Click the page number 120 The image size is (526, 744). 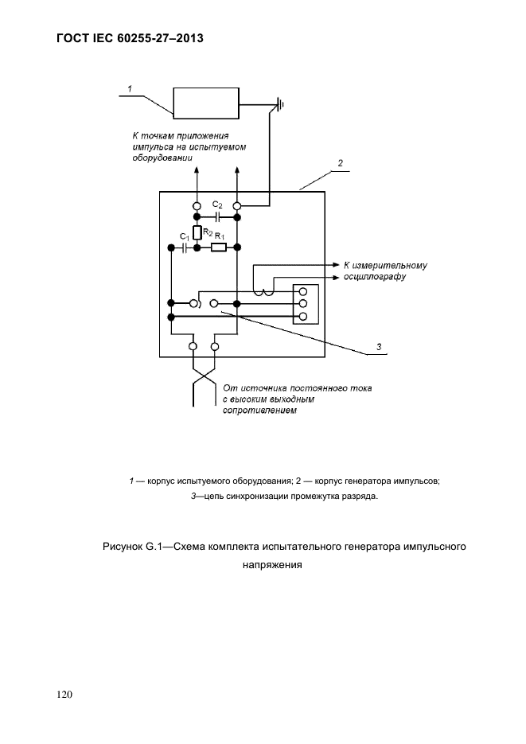click(x=64, y=695)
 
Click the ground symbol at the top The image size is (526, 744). click(x=281, y=104)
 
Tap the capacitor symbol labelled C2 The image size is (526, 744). click(x=217, y=217)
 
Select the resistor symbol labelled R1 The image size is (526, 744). click(x=219, y=247)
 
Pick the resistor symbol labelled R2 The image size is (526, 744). click(x=197, y=232)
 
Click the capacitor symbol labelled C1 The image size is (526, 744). click(x=184, y=247)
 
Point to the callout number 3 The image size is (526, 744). click(x=379, y=347)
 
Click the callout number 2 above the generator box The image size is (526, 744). click(x=340, y=163)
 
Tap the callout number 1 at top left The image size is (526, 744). click(x=130, y=89)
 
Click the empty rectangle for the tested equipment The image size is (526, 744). click(x=206, y=103)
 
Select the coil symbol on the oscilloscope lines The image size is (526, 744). click(x=263, y=294)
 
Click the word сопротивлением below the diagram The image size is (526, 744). click(x=259, y=411)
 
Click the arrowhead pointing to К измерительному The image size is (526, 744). click(x=337, y=264)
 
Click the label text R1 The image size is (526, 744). click(x=220, y=236)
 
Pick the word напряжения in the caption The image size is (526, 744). click(x=272, y=565)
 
